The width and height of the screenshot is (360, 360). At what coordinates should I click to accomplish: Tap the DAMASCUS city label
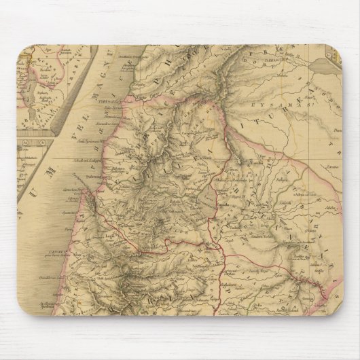click(275, 69)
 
